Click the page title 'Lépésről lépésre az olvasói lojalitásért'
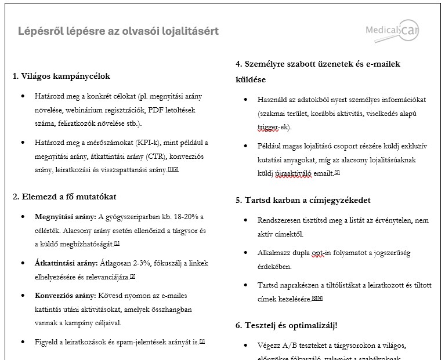118,31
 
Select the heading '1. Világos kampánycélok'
61,76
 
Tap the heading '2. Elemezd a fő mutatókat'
64,196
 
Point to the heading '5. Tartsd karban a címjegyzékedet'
303,200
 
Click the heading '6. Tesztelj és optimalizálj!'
287,325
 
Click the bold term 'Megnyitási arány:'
65,217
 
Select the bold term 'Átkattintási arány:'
66,262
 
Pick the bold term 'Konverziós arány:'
66,295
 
